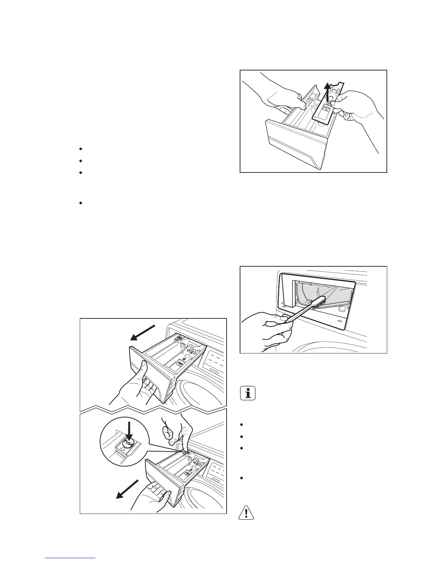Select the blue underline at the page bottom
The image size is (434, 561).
click(x=71, y=558)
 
